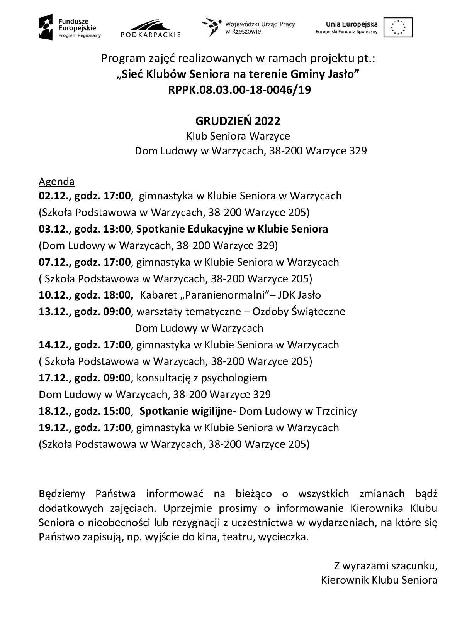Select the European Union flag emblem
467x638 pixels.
click(397, 27)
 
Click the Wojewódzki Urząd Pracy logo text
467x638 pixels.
click(260, 27)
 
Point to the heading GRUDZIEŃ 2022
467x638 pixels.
click(238, 121)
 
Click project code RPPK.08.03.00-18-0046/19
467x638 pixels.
click(239, 90)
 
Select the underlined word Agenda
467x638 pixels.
click(56, 181)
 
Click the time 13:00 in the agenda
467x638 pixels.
click(117, 229)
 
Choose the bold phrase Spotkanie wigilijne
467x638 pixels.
click(185, 411)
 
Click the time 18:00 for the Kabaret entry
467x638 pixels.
click(117, 295)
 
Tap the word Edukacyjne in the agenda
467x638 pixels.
click(214, 229)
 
